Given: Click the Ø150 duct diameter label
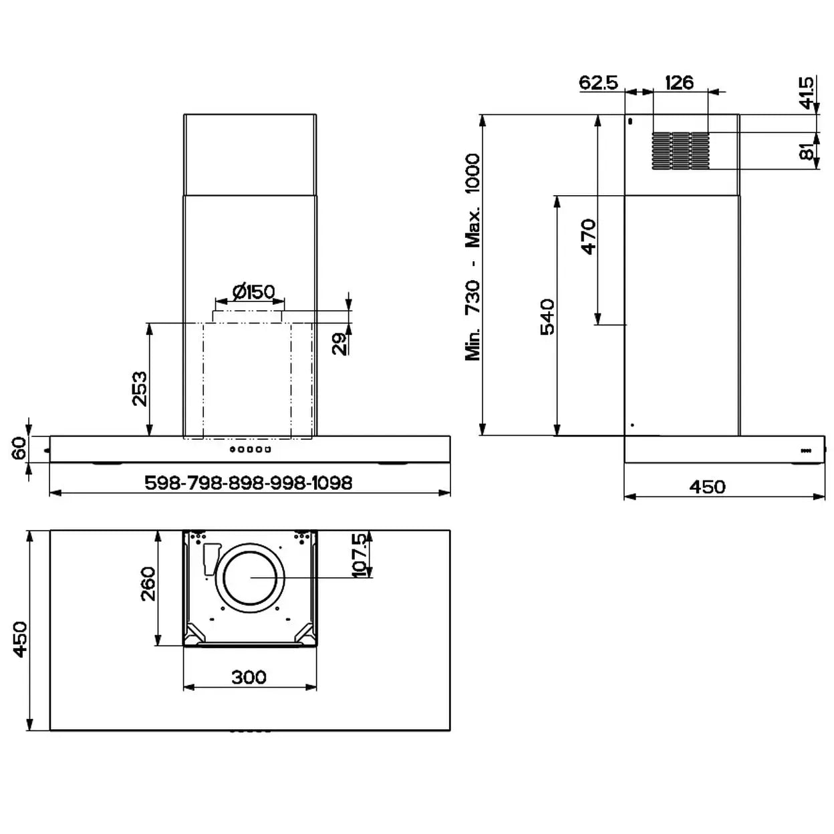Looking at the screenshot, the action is pyautogui.click(x=253, y=292).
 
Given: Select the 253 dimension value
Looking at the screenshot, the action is pyautogui.click(x=140, y=388).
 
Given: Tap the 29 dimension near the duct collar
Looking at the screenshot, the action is pyautogui.click(x=340, y=343).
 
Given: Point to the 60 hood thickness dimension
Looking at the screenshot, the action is pyautogui.click(x=19, y=448).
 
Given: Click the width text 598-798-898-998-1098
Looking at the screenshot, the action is pyautogui.click(x=249, y=482).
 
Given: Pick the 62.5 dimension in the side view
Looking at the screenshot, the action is pyautogui.click(x=599, y=82).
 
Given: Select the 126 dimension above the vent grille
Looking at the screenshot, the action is pyautogui.click(x=679, y=82).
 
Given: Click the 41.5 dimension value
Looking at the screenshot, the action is pyautogui.click(x=806, y=93).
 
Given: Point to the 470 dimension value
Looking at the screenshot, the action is pyautogui.click(x=589, y=237).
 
